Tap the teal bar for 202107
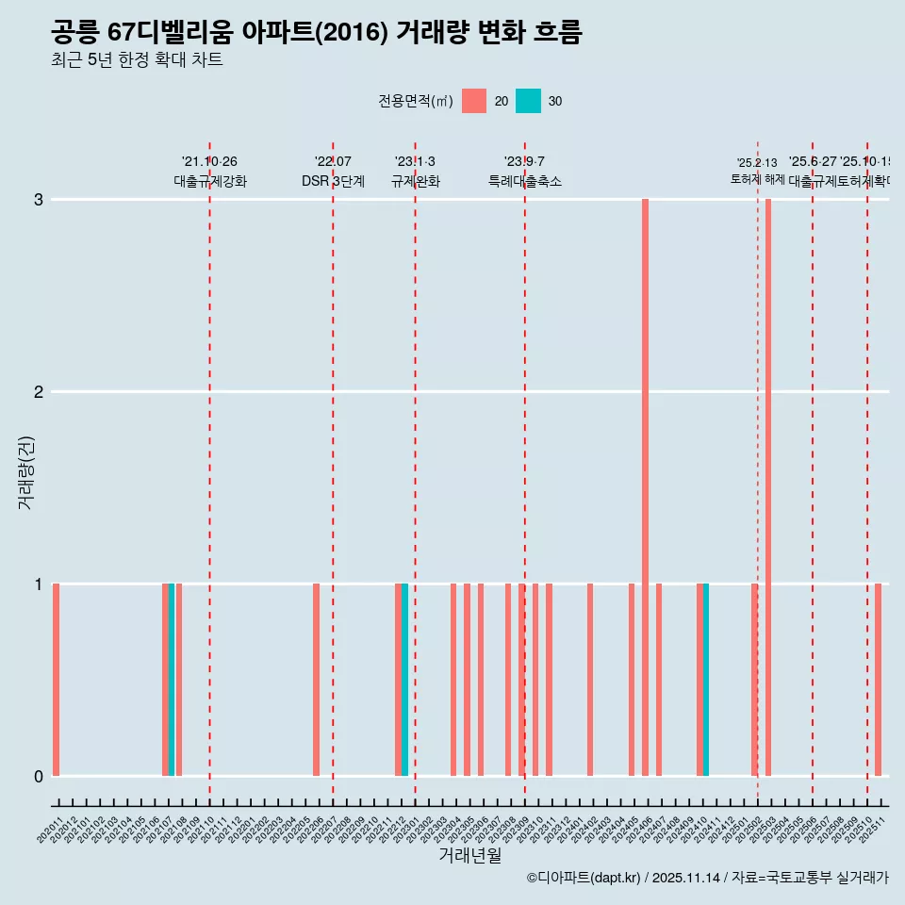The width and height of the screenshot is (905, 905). tap(172, 680)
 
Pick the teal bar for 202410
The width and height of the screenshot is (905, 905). tap(706, 680)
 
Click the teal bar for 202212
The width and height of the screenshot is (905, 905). tap(404, 680)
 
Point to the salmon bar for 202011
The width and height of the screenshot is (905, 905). tap(57, 680)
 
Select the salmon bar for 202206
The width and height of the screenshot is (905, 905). tap(316, 680)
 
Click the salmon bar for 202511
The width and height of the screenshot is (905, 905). tap(878, 680)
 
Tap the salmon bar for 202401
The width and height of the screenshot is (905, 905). tap(590, 680)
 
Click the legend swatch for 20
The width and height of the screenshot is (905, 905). tap(474, 101)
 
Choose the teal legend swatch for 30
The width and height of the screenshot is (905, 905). tap(529, 101)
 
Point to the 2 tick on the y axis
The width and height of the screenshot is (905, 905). tap(39, 391)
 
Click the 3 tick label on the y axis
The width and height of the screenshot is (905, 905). tap(39, 199)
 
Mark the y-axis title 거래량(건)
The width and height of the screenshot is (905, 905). tap(25, 471)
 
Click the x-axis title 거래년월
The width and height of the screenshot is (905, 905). tap(469, 855)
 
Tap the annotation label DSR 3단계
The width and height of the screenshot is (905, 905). tap(333, 181)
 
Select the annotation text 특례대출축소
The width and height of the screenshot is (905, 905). tap(524, 181)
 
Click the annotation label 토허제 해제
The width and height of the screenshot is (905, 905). tap(757, 178)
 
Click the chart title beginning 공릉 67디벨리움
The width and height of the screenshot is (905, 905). tap(316, 32)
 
